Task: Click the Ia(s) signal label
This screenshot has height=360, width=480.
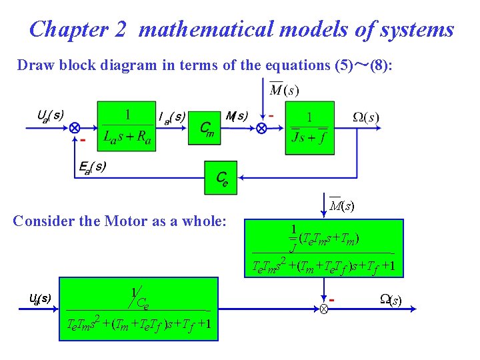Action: tap(172, 117)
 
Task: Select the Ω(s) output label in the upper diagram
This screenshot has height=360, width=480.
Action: tap(366, 117)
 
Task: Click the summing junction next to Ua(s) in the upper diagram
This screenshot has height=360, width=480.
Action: tap(75, 127)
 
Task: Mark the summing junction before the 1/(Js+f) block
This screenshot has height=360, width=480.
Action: tap(261, 127)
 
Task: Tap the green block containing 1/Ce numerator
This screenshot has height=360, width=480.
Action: tap(138, 309)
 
